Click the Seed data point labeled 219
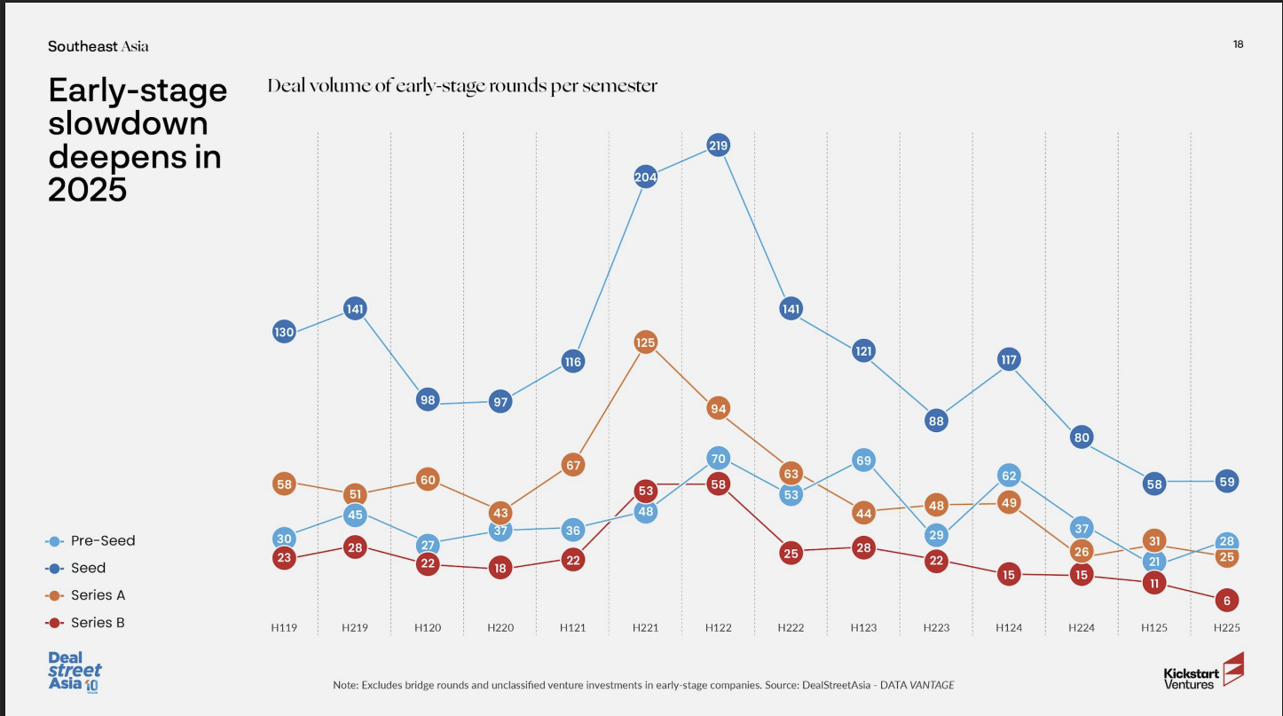click(718, 145)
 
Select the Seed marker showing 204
click(645, 177)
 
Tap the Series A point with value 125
click(645, 342)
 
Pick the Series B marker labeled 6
click(1226, 601)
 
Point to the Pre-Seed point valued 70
click(718, 459)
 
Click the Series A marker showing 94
click(718, 409)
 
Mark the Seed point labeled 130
click(284, 332)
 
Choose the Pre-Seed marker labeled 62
click(1009, 475)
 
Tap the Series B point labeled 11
click(1153, 583)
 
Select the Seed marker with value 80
click(1081, 437)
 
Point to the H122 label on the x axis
click(718, 627)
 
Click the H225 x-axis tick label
click(1226, 627)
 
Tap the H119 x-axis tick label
click(284, 627)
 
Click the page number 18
click(1238, 44)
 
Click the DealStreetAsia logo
click(75, 672)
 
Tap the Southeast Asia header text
click(98, 46)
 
